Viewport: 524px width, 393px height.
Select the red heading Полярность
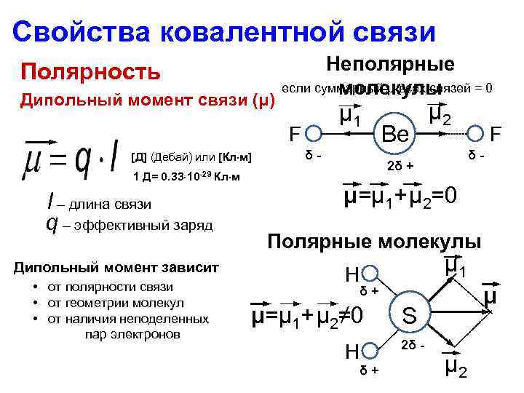91,72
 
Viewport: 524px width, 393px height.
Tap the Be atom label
397,135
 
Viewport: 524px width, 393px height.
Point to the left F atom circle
314,134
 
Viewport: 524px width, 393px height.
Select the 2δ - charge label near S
411,343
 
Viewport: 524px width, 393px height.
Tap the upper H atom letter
352,274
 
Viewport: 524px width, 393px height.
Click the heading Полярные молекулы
374,242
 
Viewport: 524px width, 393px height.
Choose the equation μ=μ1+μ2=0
400,197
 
